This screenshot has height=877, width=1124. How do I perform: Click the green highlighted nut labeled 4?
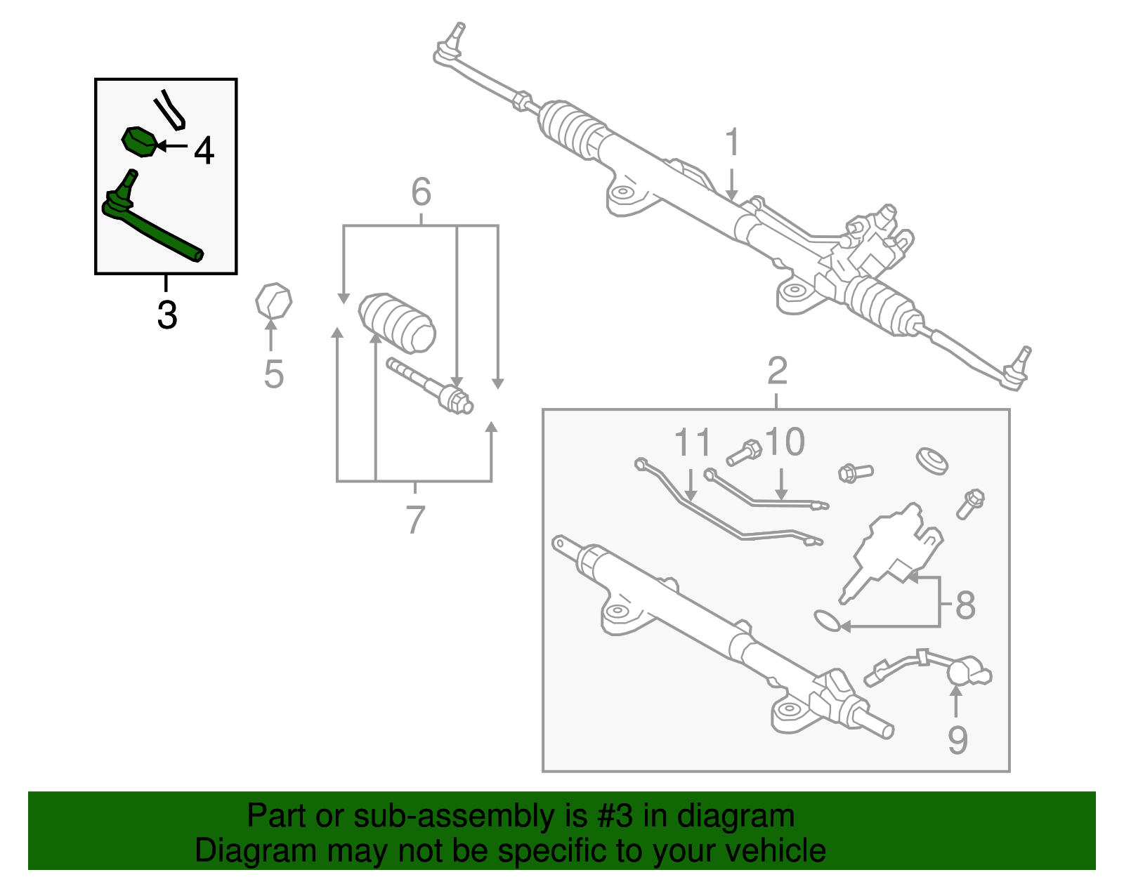pyautogui.click(x=139, y=142)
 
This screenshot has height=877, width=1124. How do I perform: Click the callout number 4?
pyautogui.click(x=204, y=150)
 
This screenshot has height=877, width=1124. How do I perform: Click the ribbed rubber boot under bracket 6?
pyautogui.click(x=398, y=322)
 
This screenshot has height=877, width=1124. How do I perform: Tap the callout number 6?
pyautogui.click(x=421, y=192)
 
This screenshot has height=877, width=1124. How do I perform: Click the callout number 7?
pyautogui.click(x=415, y=520)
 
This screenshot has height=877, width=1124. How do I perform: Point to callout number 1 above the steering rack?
pyautogui.click(x=732, y=143)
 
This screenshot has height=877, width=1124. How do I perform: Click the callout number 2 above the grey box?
pyautogui.click(x=777, y=371)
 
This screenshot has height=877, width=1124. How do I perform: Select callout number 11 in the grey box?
pyautogui.click(x=693, y=443)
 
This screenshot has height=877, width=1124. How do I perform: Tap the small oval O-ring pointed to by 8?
pyautogui.click(x=827, y=620)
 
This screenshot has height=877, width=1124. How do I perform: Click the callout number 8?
pyautogui.click(x=966, y=605)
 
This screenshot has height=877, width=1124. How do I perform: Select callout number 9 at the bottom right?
pyautogui.click(x=958, y=739)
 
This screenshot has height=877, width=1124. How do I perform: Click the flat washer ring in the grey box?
pyautogui.click(x=933, y=461)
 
